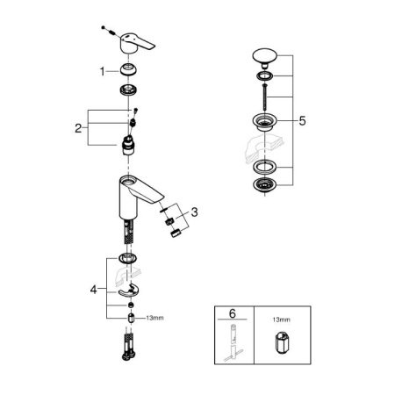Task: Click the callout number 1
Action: click(102, 71)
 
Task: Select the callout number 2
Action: click(78, 128)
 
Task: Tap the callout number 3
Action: click(194, 212)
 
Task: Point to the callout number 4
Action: click(93, 290)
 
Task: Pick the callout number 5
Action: click(302, 120)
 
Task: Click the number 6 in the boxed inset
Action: click(233, 313)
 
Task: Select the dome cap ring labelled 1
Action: click(128, 70)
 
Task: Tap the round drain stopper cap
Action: click(264, 55)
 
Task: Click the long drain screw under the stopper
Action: click(264, 97)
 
